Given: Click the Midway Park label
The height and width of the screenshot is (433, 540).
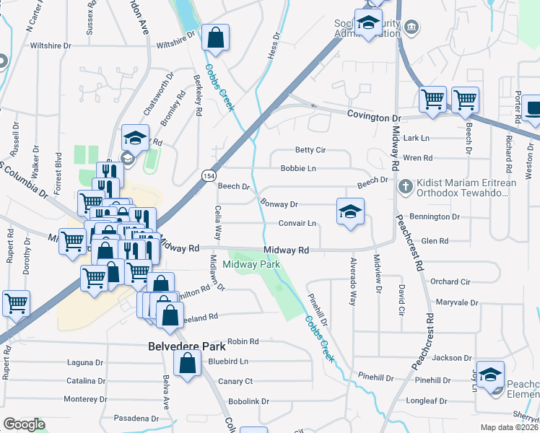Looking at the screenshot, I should (250, 265).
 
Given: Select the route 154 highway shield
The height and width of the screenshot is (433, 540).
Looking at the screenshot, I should (208, 177).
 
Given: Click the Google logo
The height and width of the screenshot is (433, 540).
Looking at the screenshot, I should (24, 424).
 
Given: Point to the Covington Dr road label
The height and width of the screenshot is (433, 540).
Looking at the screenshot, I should (373, 117).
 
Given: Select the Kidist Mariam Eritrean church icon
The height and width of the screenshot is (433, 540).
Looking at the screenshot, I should (404, 187).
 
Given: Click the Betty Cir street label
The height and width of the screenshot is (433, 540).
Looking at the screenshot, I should (311, 150).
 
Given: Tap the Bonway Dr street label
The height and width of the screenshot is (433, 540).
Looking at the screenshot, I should (279, 204).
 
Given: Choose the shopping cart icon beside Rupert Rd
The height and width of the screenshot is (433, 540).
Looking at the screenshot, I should (16, 305).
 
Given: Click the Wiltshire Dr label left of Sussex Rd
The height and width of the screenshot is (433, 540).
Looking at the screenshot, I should (51, 45).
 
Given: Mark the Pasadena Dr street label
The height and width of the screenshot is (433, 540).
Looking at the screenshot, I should (136, 419).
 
